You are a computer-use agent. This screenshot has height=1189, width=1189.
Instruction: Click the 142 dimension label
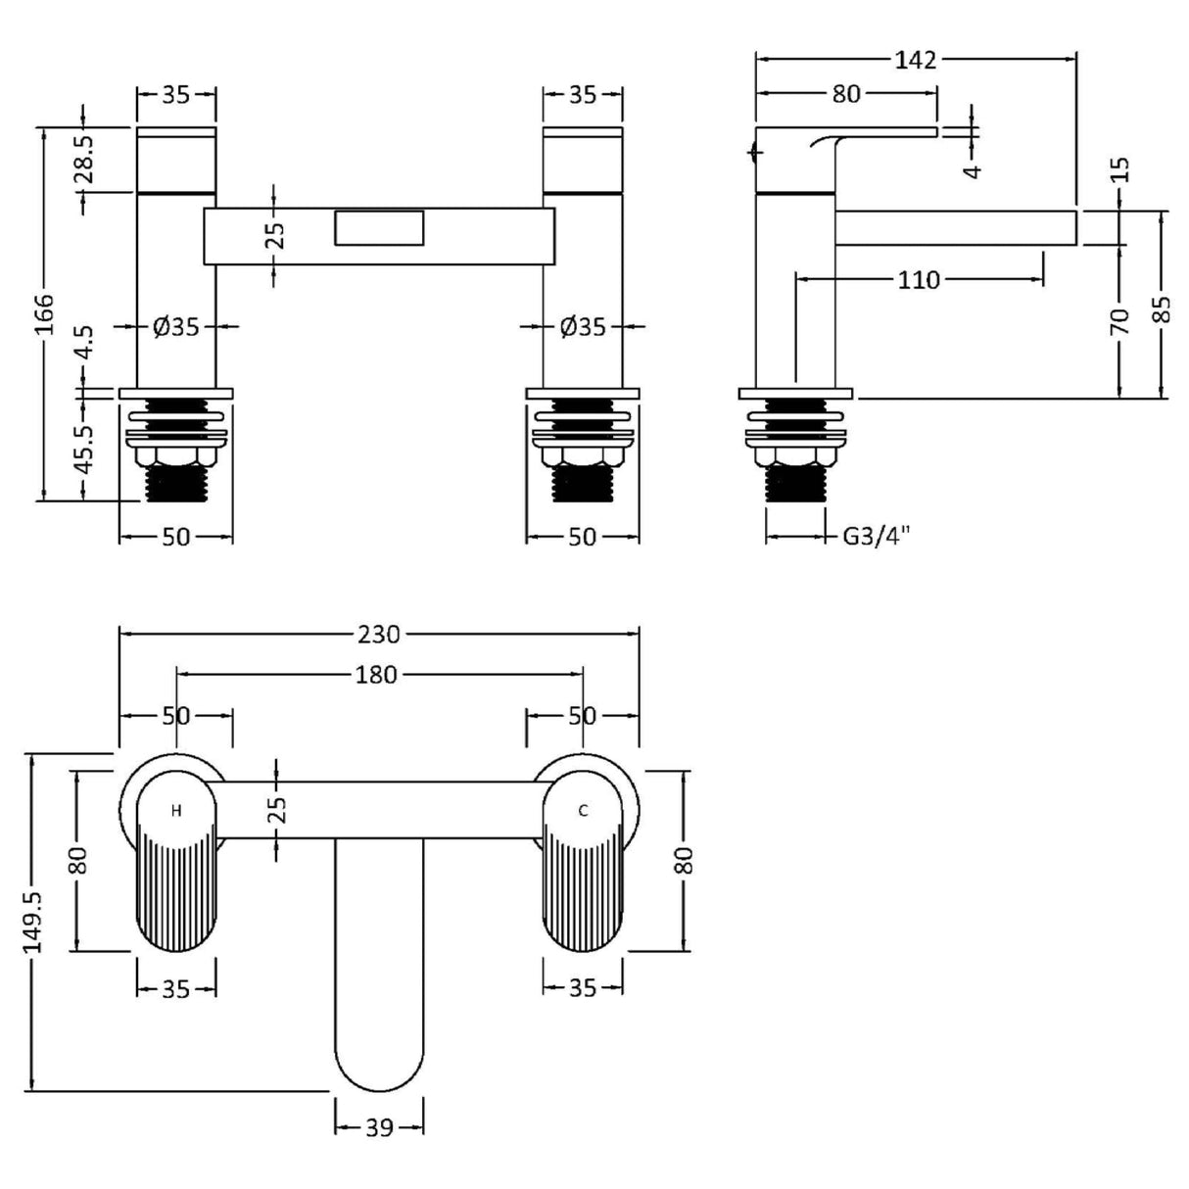pos(915,60)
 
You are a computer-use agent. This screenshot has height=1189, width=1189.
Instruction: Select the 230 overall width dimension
pos(378,635)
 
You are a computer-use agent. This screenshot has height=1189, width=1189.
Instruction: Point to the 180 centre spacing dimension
pos(378,675)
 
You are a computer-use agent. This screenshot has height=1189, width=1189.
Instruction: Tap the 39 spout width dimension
pos(379,1128)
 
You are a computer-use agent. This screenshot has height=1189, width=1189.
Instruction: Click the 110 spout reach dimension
pos(918,281)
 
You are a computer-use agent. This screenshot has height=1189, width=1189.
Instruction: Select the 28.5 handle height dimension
pos(85,159)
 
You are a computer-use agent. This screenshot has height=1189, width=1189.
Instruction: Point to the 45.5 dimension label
pos(84,447)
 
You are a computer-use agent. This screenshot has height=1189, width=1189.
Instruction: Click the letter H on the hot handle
pos(176,811)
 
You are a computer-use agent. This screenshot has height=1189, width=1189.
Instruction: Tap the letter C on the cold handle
pos(583,811)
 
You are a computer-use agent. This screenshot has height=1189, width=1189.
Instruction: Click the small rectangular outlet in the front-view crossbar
pos(379,228)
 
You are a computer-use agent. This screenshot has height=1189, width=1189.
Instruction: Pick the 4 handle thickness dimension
pos(973,169)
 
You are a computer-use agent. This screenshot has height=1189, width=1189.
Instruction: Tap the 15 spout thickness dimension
pos(1121,169)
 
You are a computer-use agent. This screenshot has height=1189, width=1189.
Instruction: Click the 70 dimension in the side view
pos(1121,320)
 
